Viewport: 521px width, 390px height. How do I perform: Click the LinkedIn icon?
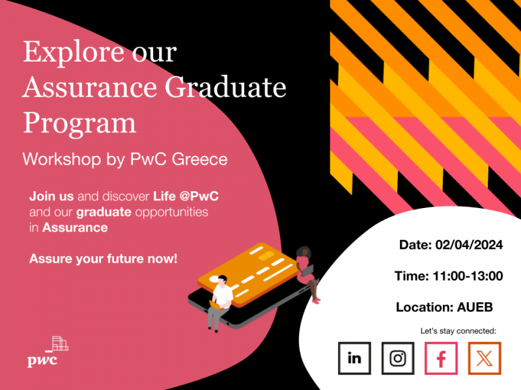click(x=354, y=358)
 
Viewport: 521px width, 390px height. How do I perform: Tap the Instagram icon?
click(x=398, y=358)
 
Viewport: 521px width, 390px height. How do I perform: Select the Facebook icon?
click(x=441, y=358)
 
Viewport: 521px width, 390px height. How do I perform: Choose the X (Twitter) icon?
click(x=485, y=358)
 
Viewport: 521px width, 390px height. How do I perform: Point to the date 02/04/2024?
click(x=469, y=245)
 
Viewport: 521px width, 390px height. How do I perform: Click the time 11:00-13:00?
click(x=468, y=276)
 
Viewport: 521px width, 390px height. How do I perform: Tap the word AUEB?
click(x=475, y=307)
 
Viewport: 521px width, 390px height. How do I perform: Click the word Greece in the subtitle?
click(x=200, y=159)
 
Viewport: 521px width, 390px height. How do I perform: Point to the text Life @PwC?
click(x=186, y=196)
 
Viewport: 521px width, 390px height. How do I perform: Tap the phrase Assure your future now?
click(x=104, y=259)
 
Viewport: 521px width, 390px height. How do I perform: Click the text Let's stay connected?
click(x=458, y=331)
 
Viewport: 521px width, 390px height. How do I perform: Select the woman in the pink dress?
click(x=307, y=274)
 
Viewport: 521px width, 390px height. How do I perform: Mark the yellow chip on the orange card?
click(x=266, y=255)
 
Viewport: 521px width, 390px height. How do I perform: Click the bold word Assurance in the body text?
click(x=75, y=227)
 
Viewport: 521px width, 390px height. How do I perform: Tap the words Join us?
click(x=51, y=196)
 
